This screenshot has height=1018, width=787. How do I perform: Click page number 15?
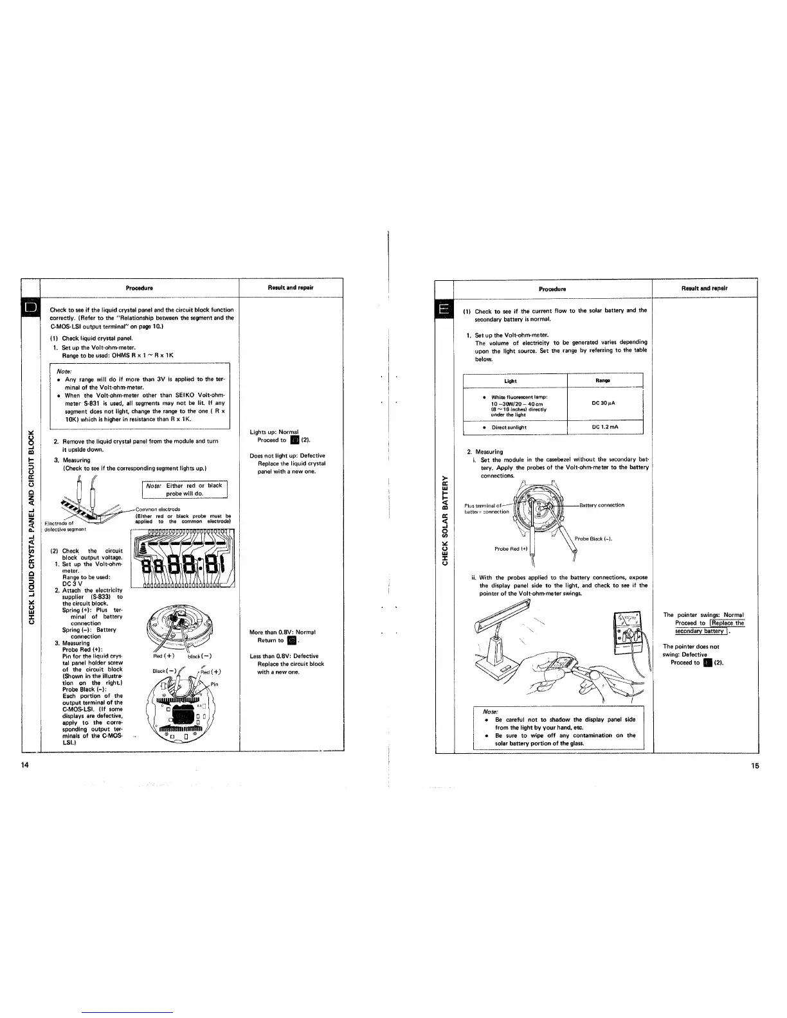click(754, 765)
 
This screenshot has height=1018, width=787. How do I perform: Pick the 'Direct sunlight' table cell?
click(509, 427)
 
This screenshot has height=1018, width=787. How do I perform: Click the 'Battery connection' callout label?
click(602, 505)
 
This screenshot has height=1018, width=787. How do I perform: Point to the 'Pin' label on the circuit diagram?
click(214, 684)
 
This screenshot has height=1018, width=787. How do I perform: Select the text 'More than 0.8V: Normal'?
click(282, 632)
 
